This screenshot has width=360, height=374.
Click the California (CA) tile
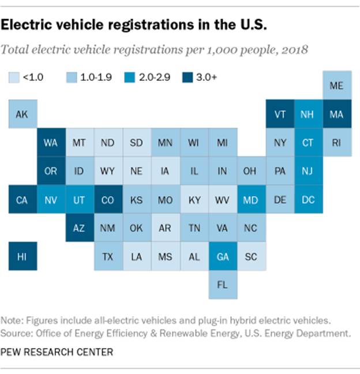point(22,200)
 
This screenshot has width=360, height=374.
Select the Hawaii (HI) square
point(22,256)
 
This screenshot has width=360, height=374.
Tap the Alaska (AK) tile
point(22,114)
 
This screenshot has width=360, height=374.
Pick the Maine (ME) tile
point(337,85)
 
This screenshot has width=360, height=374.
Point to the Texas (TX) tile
point(108,256)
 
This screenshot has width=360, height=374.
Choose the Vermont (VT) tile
point(280,114)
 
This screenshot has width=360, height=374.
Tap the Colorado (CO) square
point(108,200)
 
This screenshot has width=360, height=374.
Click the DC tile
point(309,200)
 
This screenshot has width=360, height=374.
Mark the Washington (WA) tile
point(51,143)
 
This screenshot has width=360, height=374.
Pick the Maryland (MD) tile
point(251,200)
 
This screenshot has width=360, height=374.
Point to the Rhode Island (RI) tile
point(337,143)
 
